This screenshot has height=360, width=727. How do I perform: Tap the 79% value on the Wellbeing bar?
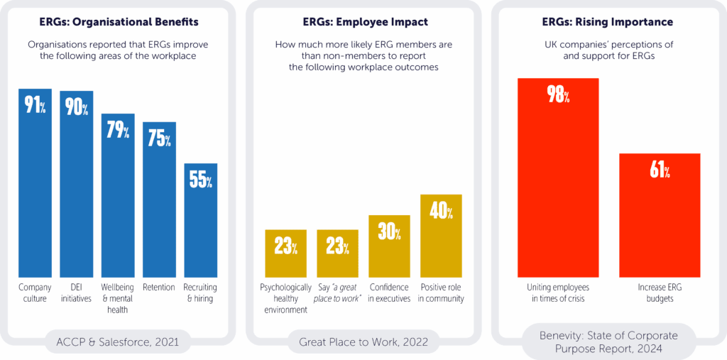pyautogui.click(x=118, y=131)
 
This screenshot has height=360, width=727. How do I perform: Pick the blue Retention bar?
pyautogui.click(x=159, y=200)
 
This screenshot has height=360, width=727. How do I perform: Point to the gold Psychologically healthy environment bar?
pyautogui.click(x=286, y=253)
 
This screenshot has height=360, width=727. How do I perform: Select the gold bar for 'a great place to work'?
pyautogui.click(x=337, y=253)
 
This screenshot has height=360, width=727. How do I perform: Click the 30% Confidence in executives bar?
pyautogui.click(x=389, y=246)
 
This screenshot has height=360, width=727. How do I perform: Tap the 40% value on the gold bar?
pyautogui.click(x=441, y=211)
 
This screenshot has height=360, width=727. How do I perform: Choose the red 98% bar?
pyautogui.click(x=558, y=177)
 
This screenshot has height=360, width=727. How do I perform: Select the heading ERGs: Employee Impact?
pyautogui.click(x=363, y=22)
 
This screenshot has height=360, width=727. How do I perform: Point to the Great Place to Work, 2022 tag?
pyautogui.click(x=363, y=344)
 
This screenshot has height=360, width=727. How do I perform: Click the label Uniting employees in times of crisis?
pyautogui.click(x=558, y=293)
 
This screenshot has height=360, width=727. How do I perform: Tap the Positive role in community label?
pyautogui.click(x=441, y=293)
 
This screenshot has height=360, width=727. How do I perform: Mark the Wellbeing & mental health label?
pyautogui.click(x=118, y=298)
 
